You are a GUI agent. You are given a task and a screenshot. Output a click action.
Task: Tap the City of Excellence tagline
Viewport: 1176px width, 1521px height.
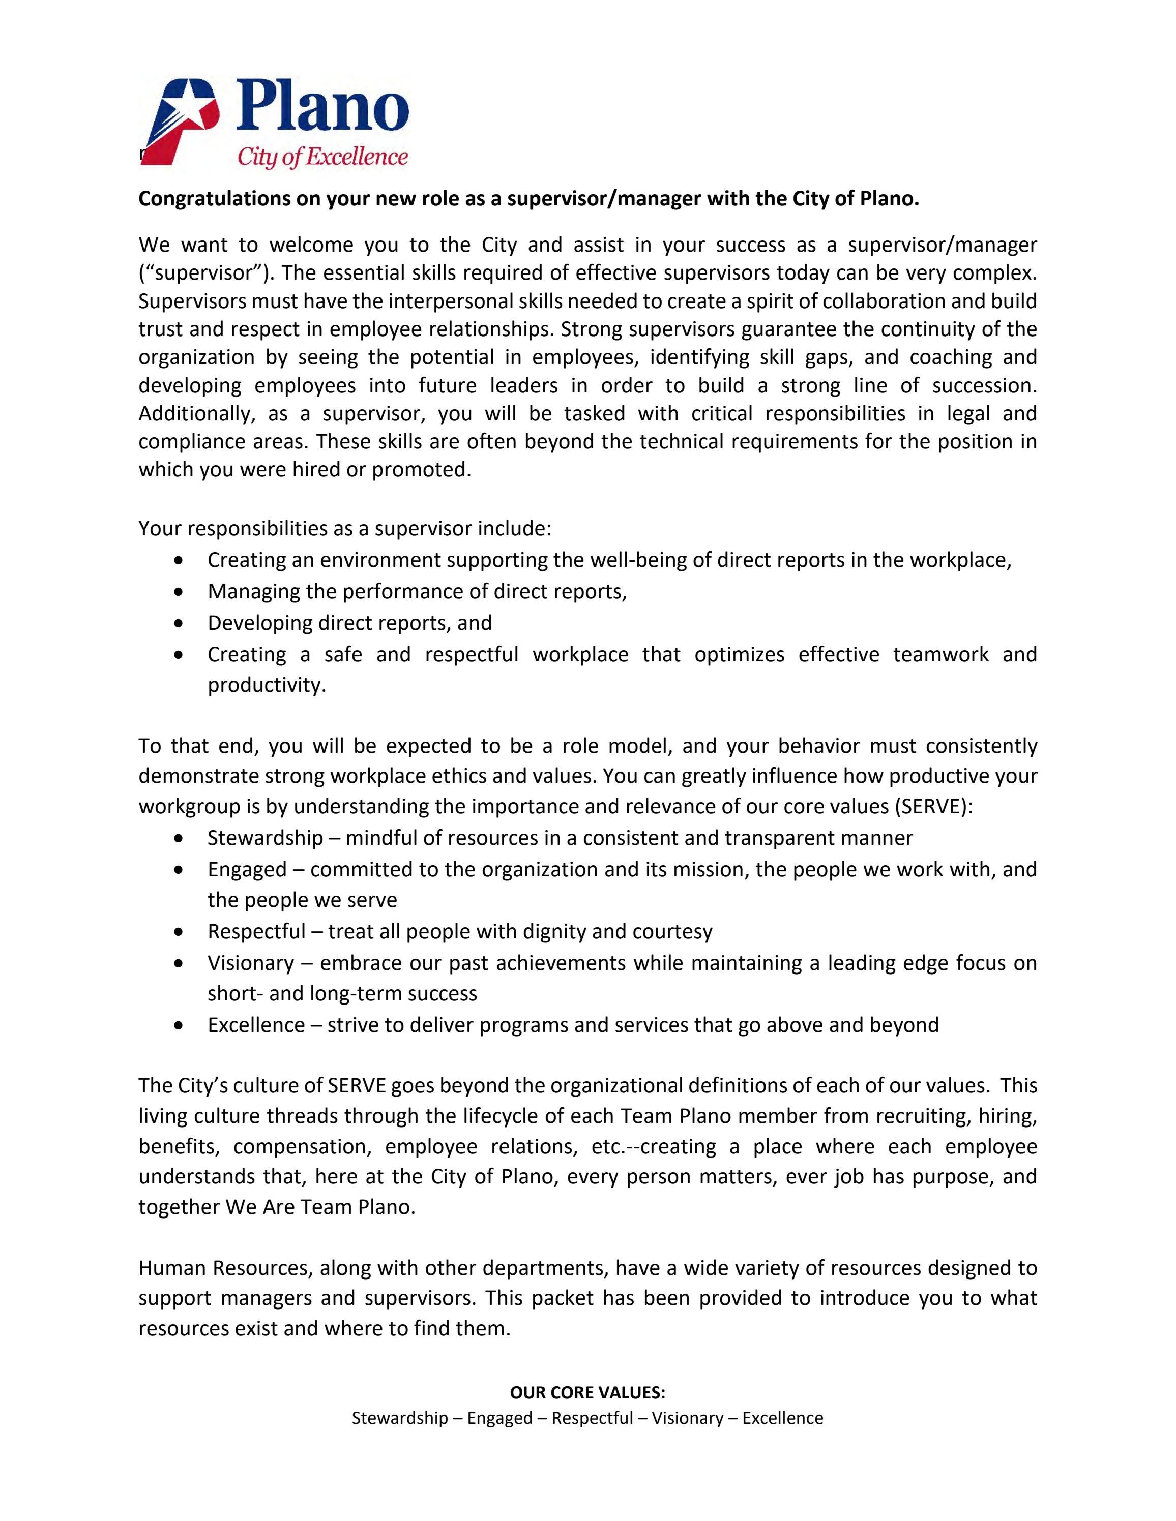coord(322,157)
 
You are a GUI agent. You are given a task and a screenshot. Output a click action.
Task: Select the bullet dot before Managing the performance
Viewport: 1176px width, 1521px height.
coord(181,592)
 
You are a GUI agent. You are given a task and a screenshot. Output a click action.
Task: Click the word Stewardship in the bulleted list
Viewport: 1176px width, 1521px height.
coord(264,838)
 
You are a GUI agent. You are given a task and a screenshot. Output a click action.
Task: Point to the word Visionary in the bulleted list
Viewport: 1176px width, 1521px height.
coord(251,963)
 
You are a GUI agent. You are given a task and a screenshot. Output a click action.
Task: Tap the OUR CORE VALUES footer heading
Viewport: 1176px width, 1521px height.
coord(587,1392)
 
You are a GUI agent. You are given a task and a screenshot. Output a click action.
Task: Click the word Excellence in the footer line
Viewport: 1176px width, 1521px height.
coord(782,1418)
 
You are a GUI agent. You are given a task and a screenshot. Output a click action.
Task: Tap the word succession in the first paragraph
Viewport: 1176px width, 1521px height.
coord(984,385)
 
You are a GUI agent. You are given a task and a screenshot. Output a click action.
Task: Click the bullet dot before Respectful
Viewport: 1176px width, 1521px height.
coord(181,932)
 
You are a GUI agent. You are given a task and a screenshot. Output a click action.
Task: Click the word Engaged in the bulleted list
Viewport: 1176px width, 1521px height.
coord(247,869)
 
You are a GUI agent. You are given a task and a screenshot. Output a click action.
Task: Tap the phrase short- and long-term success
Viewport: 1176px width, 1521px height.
coord(342,993)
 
